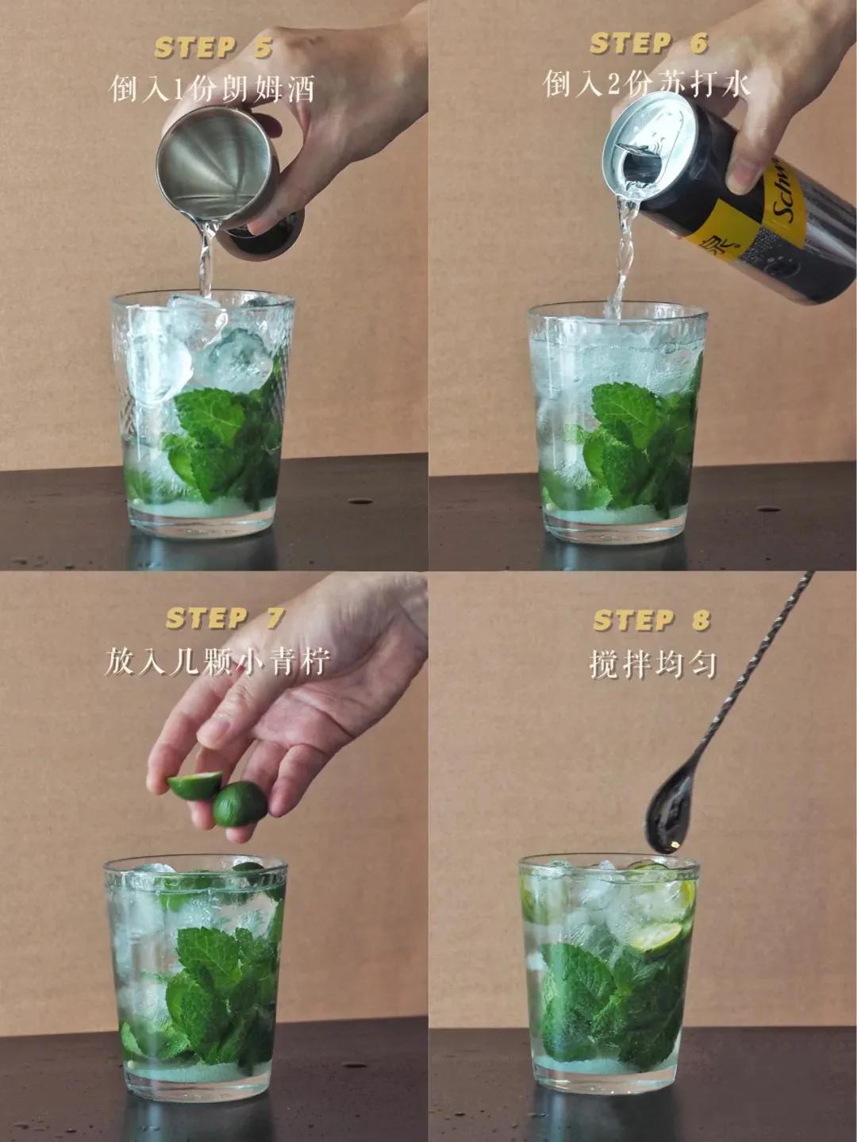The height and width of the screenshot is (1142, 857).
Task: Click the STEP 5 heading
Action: click(x=213, y=48)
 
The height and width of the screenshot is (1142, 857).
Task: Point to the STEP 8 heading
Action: click(x=651, y=620)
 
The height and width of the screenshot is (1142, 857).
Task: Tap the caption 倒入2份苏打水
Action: click(x=646, y=83)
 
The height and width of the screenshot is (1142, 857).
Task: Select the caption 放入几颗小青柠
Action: click(x=216, y=661)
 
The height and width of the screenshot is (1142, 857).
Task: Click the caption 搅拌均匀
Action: click(x=652, y=663)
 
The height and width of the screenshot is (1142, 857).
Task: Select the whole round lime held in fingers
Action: click(x=240, y=803)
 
